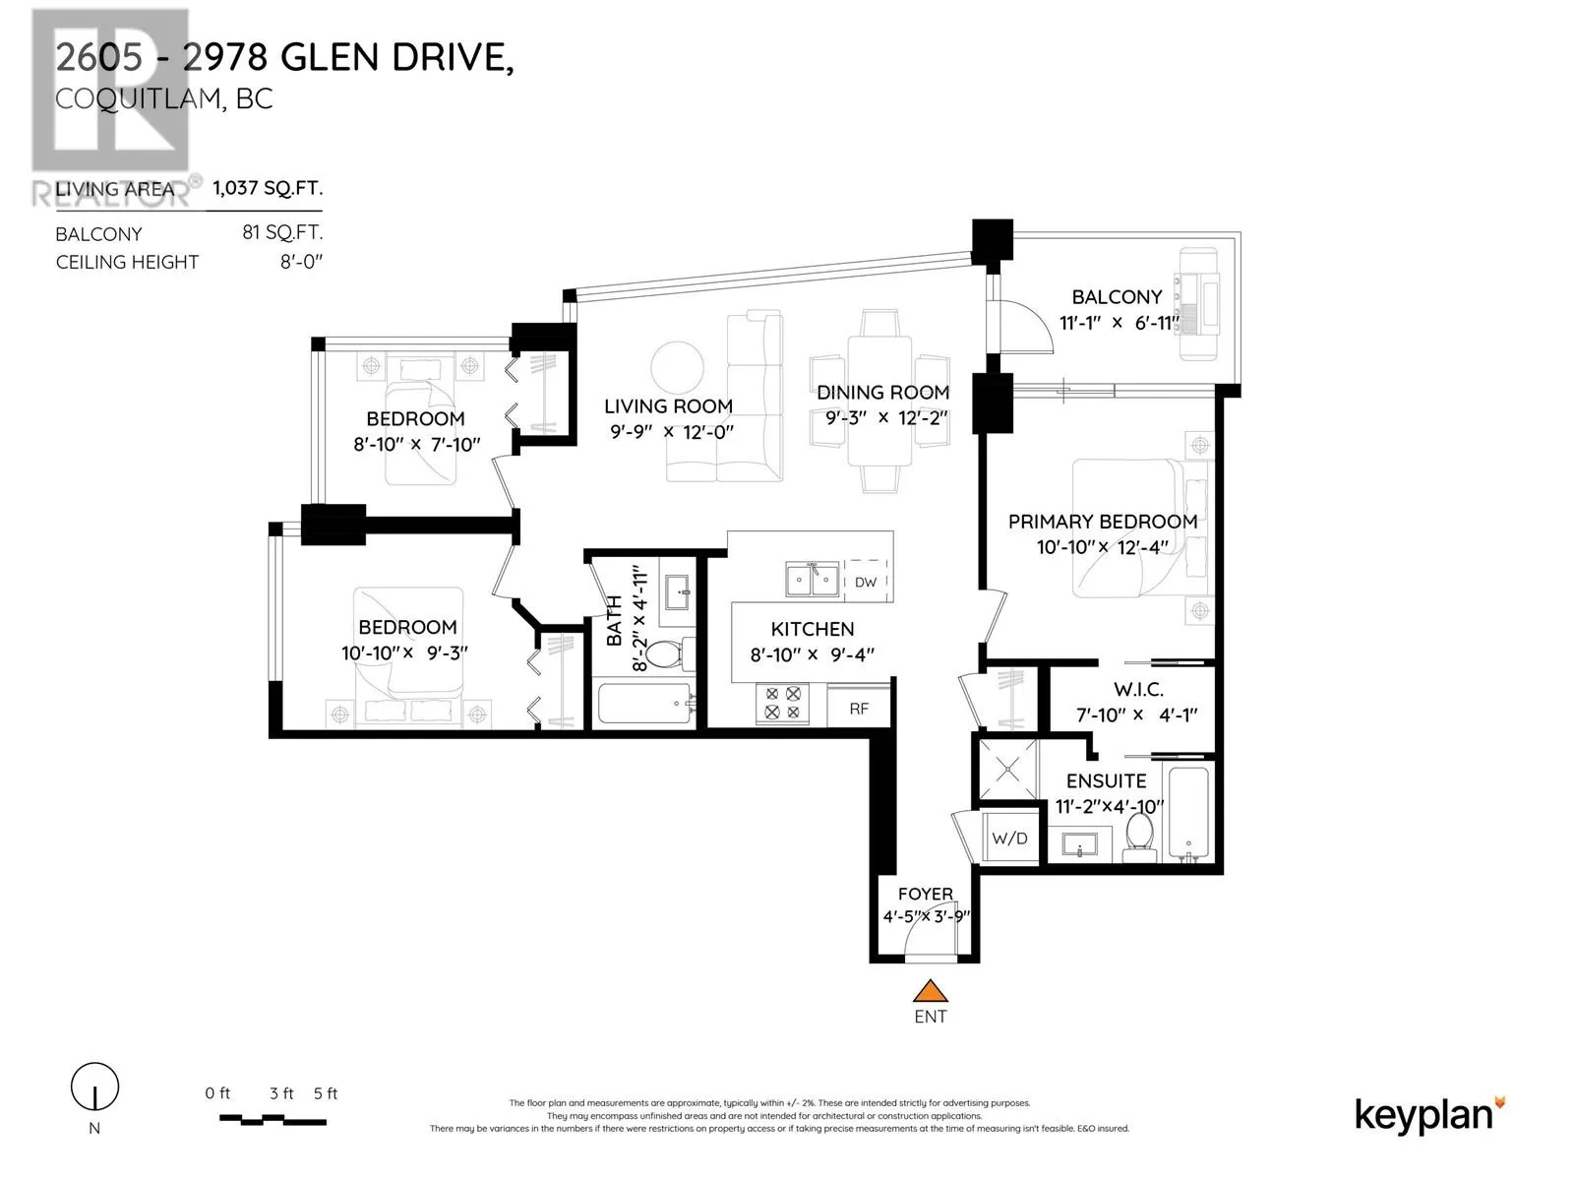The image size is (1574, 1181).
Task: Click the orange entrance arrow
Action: coord(931,991)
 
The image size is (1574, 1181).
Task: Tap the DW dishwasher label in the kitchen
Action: coord(866,582)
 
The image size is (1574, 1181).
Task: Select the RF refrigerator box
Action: coord(859,708)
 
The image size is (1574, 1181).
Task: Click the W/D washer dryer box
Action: coord(1009,839)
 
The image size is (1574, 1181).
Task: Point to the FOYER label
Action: coord(925,894)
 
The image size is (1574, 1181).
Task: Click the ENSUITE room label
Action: coord(1106,780)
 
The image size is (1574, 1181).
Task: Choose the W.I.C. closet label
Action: coord(1138,690)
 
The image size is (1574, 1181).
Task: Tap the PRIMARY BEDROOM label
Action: coord(1102,522)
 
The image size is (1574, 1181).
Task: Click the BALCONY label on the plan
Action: coord(1117,296)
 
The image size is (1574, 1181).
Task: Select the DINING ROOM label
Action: coord(882,392)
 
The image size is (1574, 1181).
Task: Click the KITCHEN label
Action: coord(812,629)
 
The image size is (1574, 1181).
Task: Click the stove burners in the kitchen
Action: coord(782,703)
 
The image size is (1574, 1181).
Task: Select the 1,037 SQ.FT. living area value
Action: coord(267,188)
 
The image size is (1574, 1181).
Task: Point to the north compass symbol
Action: coord(94,1088)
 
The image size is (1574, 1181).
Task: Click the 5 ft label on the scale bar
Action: coord(326,1093)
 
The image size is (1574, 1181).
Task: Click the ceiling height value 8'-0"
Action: coord(301,262)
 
